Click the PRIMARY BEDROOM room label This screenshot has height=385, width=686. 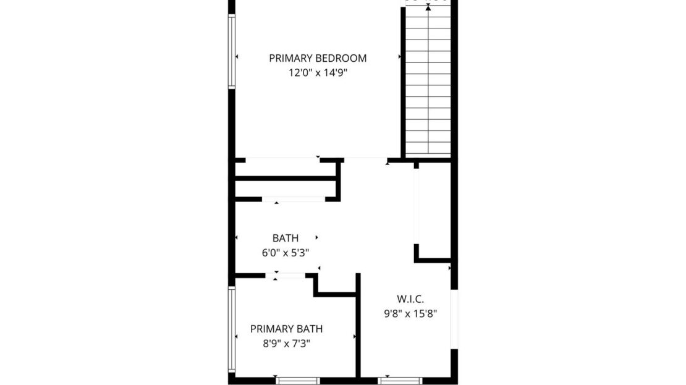[x=318, y=58]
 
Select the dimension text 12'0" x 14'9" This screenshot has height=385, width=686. [x=318, y=72]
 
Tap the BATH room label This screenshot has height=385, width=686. [x=286, y=238]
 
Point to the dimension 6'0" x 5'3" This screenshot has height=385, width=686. [x=286, y=252]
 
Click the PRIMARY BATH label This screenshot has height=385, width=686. [x=286, y=329]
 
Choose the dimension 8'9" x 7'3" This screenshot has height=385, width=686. [x=286, y=344]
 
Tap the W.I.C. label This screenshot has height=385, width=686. [x=410, y=298]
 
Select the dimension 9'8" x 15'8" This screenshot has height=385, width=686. [x=410, y=313]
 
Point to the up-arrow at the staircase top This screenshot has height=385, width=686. [x=428, y=7]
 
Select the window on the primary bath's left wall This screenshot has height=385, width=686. [x=232, y=329]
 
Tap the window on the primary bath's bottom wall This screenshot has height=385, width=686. [x=297, y=380]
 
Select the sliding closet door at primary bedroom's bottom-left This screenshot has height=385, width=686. [x=282, y=160]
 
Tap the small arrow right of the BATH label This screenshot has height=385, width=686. [x=317, y=237]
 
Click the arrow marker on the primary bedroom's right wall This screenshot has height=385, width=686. [x=400, y=57]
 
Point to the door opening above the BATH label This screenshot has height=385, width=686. [x=294, y=199]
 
